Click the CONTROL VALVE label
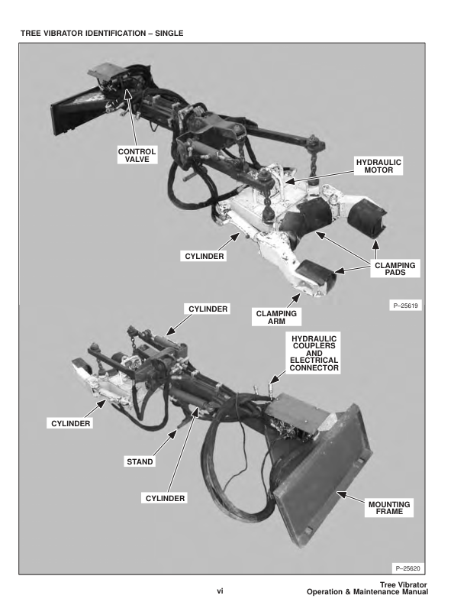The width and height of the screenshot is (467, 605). coord(137,155)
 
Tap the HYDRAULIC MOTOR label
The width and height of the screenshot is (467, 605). coord(378,167)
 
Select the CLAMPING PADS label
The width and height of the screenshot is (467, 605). coord(395,269)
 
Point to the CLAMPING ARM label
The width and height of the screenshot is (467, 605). coord(276,317)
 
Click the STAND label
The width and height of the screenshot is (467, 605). coord(140,461)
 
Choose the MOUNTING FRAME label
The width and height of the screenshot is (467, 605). coord(389,508)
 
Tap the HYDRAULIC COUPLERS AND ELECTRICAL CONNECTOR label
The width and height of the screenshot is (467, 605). coord(314,353)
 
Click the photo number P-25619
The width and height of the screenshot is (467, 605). coord(405,306)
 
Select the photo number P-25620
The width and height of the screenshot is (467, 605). coord(408,568)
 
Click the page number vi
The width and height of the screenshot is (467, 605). coord(220,590)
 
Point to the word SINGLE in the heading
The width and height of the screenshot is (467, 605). coord(169,33)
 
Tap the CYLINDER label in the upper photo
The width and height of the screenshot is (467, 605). coord(205,256)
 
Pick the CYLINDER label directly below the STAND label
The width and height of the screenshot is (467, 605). coord(165,498)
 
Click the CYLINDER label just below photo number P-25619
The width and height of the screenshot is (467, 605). coord(208,309)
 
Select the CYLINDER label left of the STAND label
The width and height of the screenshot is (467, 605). coord(70,423)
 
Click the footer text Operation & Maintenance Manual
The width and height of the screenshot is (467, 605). coord(367,592)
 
